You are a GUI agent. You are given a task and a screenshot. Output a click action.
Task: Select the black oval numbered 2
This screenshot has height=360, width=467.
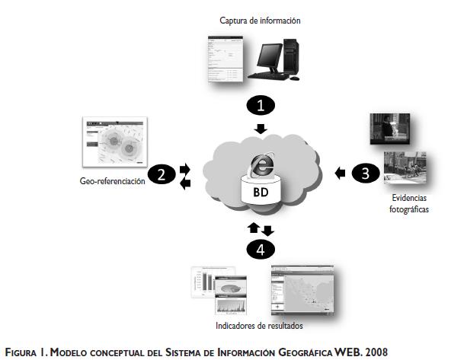(162, 174)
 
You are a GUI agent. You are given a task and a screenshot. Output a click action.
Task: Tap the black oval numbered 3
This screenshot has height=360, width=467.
(365, 173)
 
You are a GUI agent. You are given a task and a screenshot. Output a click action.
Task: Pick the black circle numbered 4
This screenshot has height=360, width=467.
(261, 247)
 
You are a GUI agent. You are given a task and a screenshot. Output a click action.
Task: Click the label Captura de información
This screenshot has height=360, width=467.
(260, 21)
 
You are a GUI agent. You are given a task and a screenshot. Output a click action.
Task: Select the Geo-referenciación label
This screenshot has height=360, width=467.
(112, 182)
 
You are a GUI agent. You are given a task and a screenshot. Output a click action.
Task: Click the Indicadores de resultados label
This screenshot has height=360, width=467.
(260, 327)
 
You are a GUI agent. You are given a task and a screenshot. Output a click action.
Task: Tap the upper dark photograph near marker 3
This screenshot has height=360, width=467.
(389, 129)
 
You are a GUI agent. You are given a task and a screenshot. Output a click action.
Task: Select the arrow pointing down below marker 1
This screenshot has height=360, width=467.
(261, 127)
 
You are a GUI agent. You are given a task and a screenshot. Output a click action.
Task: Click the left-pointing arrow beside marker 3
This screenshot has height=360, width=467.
(340, 174)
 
